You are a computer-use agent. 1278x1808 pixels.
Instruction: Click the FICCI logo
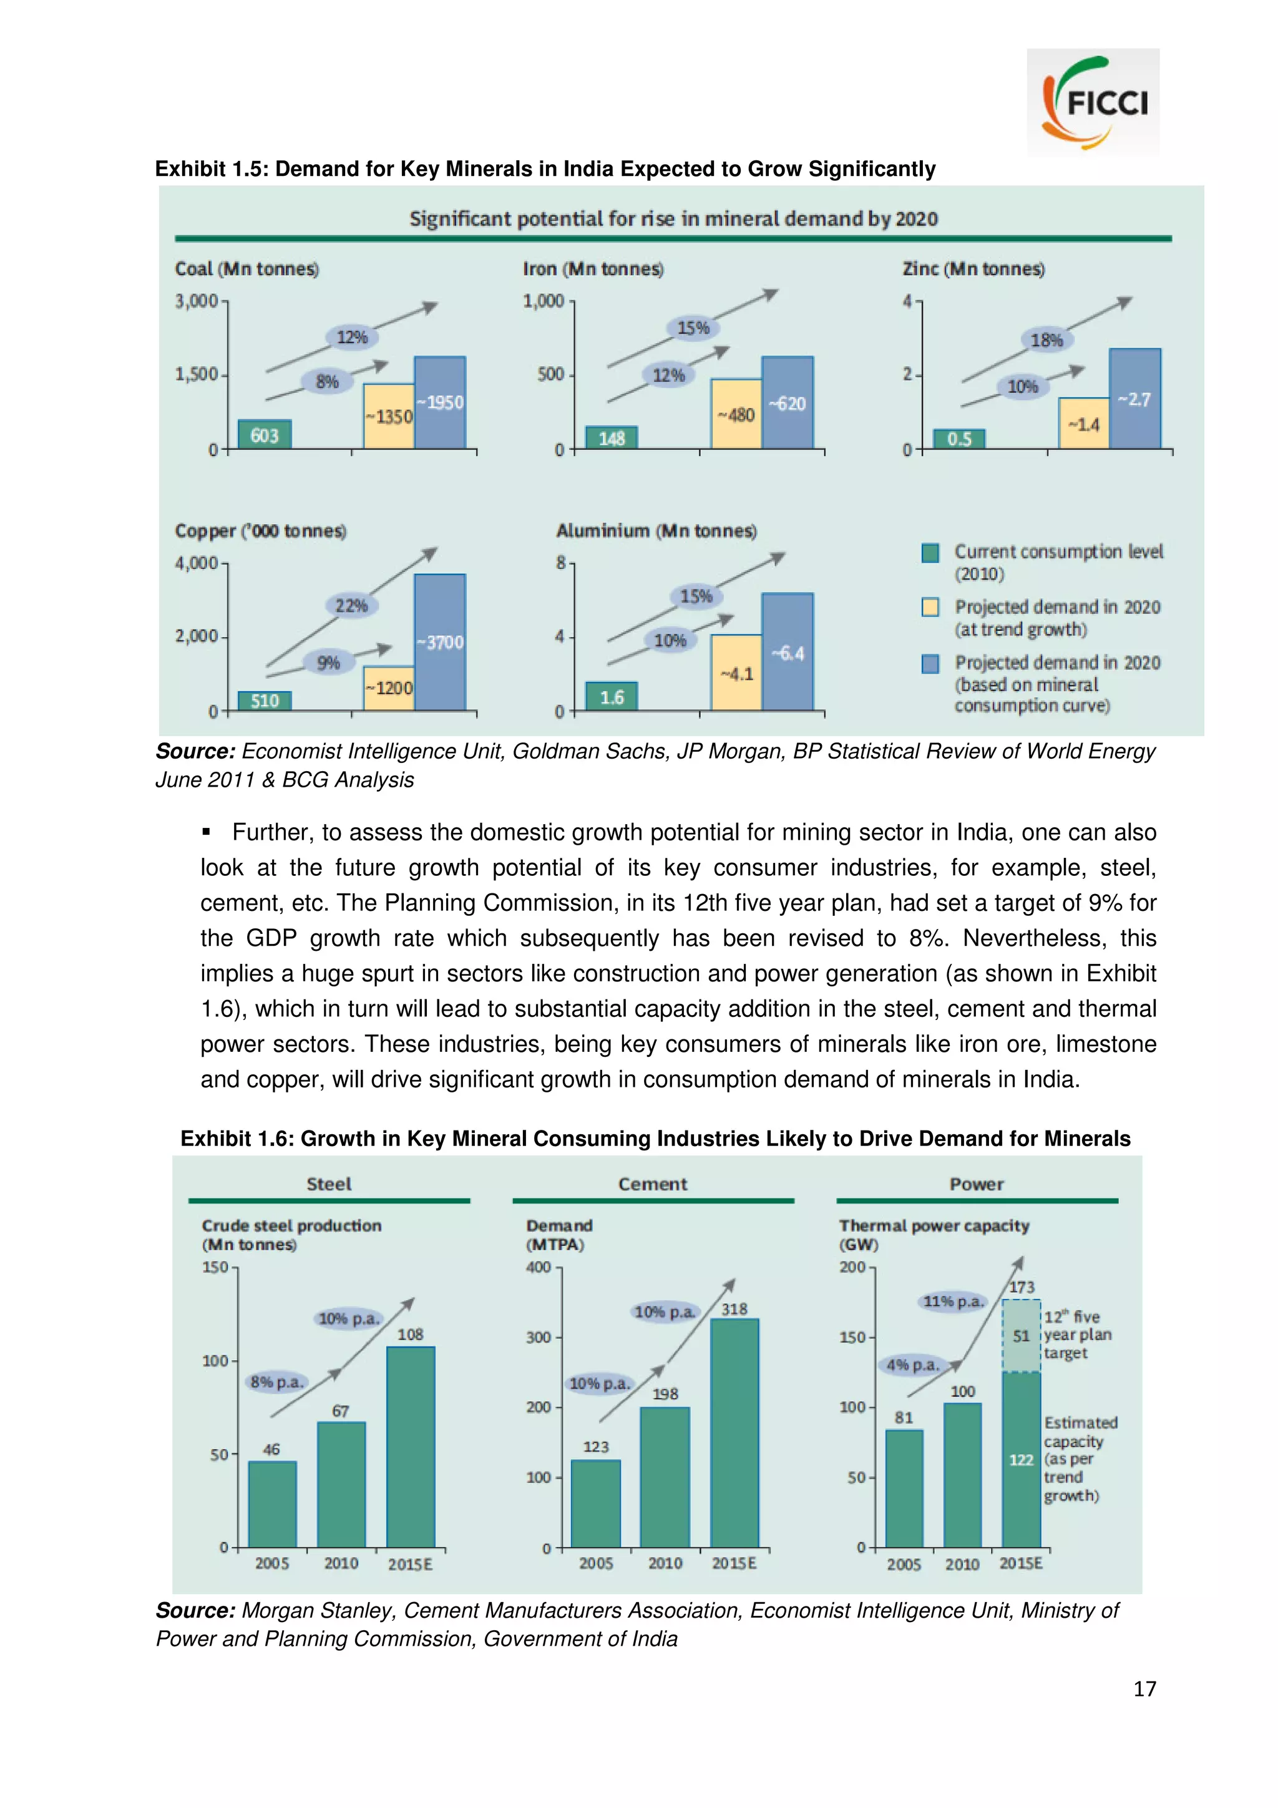[1093, 103]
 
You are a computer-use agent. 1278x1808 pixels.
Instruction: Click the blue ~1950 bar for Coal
[439, 402]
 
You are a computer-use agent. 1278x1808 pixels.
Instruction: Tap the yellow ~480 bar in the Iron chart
[736, 414]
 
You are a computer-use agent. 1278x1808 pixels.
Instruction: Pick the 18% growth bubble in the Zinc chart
[1046, 339]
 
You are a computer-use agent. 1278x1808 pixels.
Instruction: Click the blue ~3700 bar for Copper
[439, 642]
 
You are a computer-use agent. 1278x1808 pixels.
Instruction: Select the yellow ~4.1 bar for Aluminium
[736, 673]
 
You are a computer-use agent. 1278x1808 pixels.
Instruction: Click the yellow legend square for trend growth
[930, 607]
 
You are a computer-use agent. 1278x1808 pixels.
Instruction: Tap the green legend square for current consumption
[930, 552]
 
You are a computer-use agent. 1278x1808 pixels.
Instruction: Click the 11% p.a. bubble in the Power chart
[953, 1301]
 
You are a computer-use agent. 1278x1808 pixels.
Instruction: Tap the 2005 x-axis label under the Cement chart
[595, 1563]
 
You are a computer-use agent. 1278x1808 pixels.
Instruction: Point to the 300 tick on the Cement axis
[539, 1337]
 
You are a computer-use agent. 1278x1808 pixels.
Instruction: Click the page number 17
[1144, 1688]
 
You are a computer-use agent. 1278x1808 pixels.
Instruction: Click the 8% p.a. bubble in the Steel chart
[276, 1382]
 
